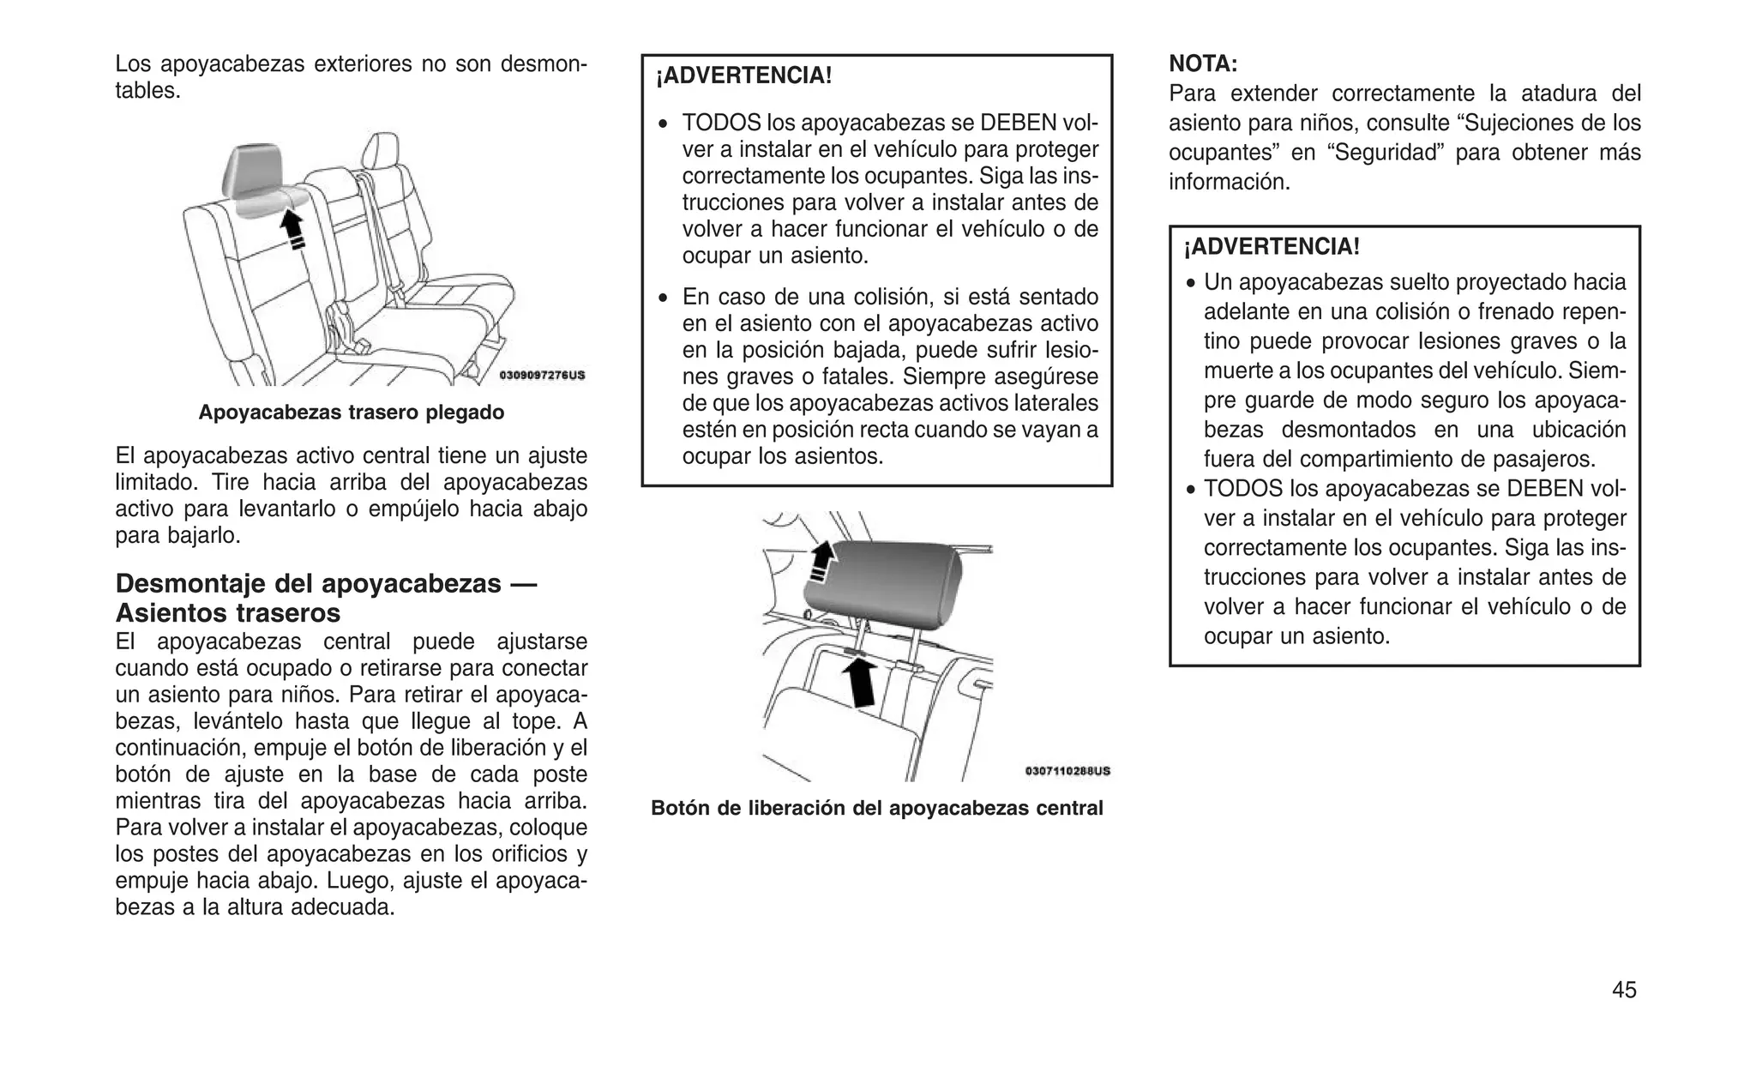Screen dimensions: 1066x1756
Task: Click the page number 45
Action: [x=1624, y=990]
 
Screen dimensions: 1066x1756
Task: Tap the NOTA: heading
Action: [x=1203, y=63]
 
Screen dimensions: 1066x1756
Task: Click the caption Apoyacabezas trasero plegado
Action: [x=352, y=413]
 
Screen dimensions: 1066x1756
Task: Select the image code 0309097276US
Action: [x=543, y=376]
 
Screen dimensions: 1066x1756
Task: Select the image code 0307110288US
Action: [x=1067, y=771]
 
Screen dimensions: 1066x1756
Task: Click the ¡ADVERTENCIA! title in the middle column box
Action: [x=743, y=75]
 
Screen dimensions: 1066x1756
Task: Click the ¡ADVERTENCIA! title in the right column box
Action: [x=1272, y=247]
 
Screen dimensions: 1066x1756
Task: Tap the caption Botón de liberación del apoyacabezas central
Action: [x=876, y=808]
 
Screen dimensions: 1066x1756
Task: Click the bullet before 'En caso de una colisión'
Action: [x=663, y=298]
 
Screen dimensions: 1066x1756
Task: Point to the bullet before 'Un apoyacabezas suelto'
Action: [x=1191, y=284]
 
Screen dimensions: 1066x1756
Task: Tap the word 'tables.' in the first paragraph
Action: [x=147, y=91]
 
